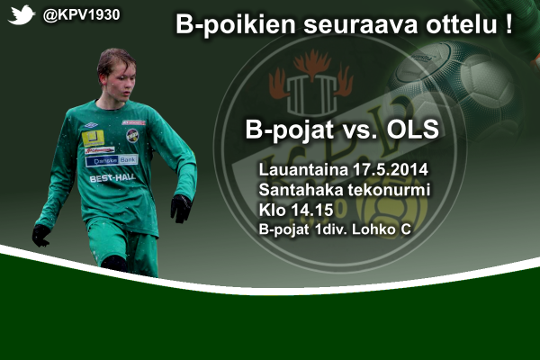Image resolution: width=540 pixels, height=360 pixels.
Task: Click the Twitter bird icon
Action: coord(22,15)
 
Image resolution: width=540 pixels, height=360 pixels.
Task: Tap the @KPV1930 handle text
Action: coord(81,15)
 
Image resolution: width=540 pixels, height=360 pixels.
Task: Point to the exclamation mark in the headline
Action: coord(509,23)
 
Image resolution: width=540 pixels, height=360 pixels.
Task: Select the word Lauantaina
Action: coord(303,170)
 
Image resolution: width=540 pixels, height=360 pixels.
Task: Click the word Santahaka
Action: coord(301,190)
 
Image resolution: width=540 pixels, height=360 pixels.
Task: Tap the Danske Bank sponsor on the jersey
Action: coord(112,160)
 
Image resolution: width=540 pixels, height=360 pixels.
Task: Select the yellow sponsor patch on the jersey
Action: coord(94,138)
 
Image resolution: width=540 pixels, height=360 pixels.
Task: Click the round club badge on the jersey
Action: coord(132,136)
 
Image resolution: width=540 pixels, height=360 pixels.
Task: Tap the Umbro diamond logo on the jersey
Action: coord(91,125)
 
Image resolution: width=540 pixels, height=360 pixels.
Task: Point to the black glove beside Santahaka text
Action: coord(181,209)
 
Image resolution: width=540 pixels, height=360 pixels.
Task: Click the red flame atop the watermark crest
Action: coord(312,63)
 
